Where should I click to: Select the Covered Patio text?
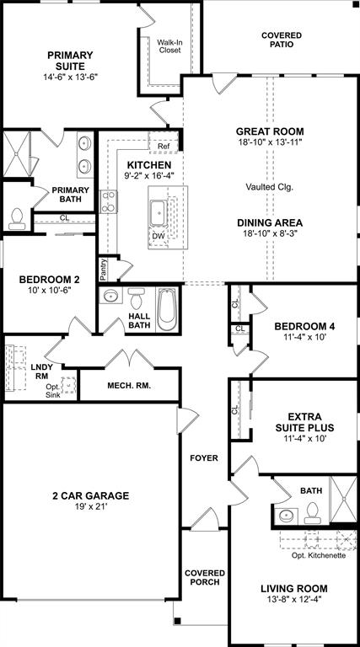click(282, 40)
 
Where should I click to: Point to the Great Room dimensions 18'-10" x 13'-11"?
click(270, 143)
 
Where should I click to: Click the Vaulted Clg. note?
click(270, 186)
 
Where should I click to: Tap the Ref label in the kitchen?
click(164, 147)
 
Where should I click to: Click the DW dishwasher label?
click(159, 236)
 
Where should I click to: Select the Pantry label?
click(103, 270)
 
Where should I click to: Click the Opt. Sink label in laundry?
click(53, 389)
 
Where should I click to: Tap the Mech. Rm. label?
click(128, 386)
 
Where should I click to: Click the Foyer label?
click(204, 458)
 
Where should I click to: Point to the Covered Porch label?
click(202, 577)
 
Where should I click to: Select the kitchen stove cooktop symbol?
click(109, 202)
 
